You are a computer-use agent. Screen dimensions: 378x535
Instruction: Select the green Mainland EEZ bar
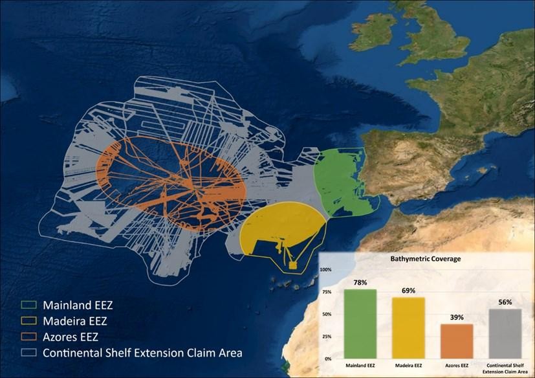[360, 324]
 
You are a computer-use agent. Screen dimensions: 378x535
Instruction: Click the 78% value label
[360, 283]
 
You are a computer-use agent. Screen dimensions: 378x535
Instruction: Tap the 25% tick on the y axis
[327, 337]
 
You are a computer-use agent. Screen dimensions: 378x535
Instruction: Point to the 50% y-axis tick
[327, 315]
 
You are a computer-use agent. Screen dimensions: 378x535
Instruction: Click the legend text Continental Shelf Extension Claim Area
[142, 353]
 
